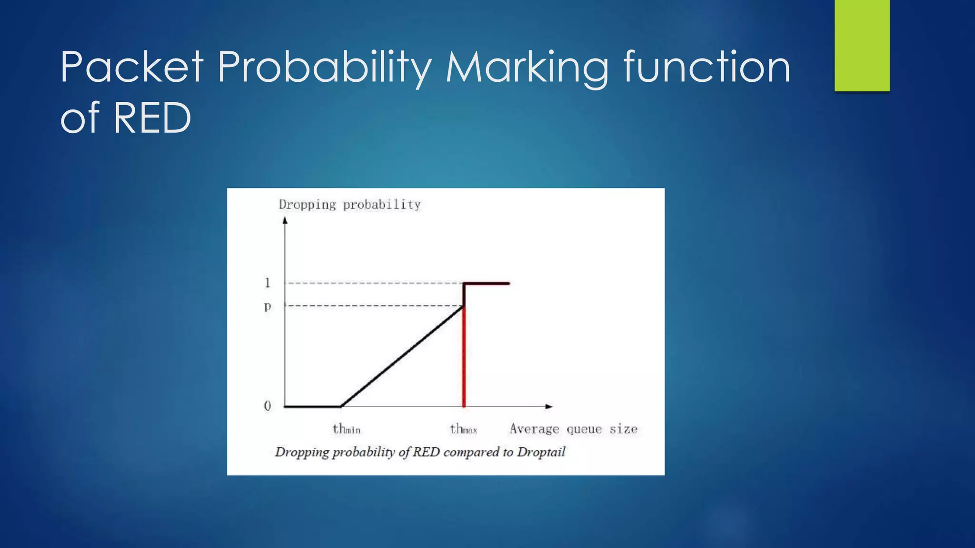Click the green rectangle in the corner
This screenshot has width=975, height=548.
tap(862, 46)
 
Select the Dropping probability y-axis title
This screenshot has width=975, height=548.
tap(350, 205)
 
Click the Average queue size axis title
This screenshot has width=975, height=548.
tap(573, 429)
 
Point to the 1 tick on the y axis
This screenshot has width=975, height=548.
tap(268, 283)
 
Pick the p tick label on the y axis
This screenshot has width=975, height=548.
tap(268, 306)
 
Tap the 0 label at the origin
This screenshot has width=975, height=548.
tap(268, 406)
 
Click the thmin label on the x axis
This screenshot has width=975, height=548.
tap(346, 429)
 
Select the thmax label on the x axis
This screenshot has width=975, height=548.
tap(463, 429)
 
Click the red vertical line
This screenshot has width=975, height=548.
tap(464, 362)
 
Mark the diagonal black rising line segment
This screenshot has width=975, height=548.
tap(402, 357)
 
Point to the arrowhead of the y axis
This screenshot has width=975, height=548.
tap(285, 220)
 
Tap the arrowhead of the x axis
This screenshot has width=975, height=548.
tap(549, 406)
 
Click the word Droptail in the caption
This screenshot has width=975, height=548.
tap(541, 452)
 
